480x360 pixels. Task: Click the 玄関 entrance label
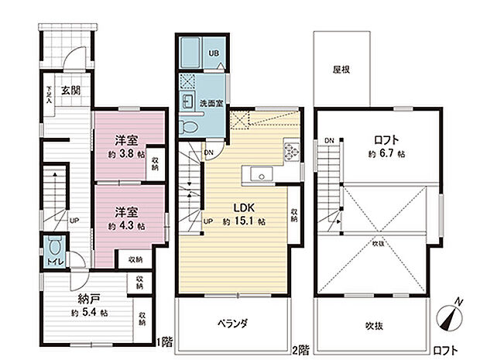[70, 90]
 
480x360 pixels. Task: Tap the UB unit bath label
[214, 53]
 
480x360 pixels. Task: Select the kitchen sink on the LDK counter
[262, 175]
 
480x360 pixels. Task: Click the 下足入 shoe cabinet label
[48, 94]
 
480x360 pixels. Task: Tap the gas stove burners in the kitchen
[290, 149]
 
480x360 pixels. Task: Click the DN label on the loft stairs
[329, 140]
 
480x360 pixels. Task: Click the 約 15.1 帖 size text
[245, 221]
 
